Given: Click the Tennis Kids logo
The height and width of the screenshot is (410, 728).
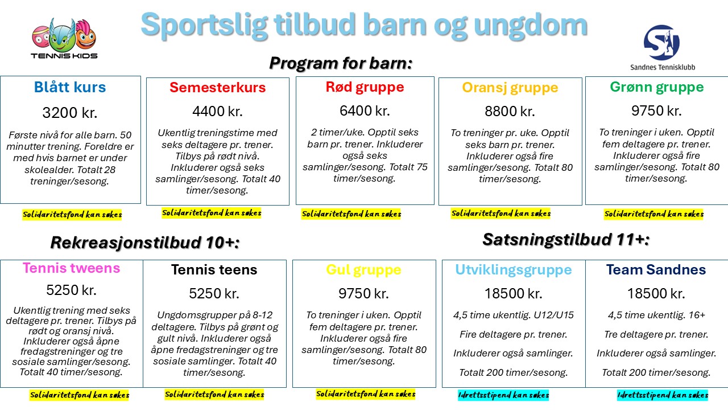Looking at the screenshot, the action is tap(64, 38).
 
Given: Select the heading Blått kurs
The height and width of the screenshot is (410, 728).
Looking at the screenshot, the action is tap(70, 87).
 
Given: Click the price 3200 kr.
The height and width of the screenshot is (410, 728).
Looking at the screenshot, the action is tap(70, 113).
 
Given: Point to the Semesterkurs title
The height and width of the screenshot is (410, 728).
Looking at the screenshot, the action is tap(217, 88).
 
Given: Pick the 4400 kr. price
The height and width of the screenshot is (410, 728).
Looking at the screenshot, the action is tap(217, 111).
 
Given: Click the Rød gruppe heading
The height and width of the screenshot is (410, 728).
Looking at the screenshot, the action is tap(365, 87).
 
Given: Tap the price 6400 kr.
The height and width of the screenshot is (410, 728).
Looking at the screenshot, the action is tap(365, 110).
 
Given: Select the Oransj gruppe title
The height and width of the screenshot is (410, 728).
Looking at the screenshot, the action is tap(510, 88).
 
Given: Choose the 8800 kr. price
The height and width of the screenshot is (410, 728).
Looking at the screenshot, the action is tap(510, 111).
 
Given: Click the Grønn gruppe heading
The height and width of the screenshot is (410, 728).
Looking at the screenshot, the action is tap(656, 87).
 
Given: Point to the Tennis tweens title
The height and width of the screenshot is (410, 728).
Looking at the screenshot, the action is tap(71, 268).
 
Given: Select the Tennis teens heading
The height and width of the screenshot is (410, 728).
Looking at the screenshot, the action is tap(214, 270).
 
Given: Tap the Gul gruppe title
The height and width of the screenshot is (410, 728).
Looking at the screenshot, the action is tap(363, 270).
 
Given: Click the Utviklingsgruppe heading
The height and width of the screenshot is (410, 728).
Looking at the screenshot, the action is tap(513, 270).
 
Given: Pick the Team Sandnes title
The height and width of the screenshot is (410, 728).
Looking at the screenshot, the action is tap(656, 270).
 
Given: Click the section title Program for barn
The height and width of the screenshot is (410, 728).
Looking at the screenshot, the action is tap(341, 63).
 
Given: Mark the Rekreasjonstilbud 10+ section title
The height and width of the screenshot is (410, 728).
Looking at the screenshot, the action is tap(145, 243).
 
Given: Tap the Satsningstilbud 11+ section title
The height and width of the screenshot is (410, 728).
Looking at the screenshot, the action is tap(566, 240).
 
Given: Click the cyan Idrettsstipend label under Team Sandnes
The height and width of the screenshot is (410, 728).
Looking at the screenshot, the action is tap(663, 395).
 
